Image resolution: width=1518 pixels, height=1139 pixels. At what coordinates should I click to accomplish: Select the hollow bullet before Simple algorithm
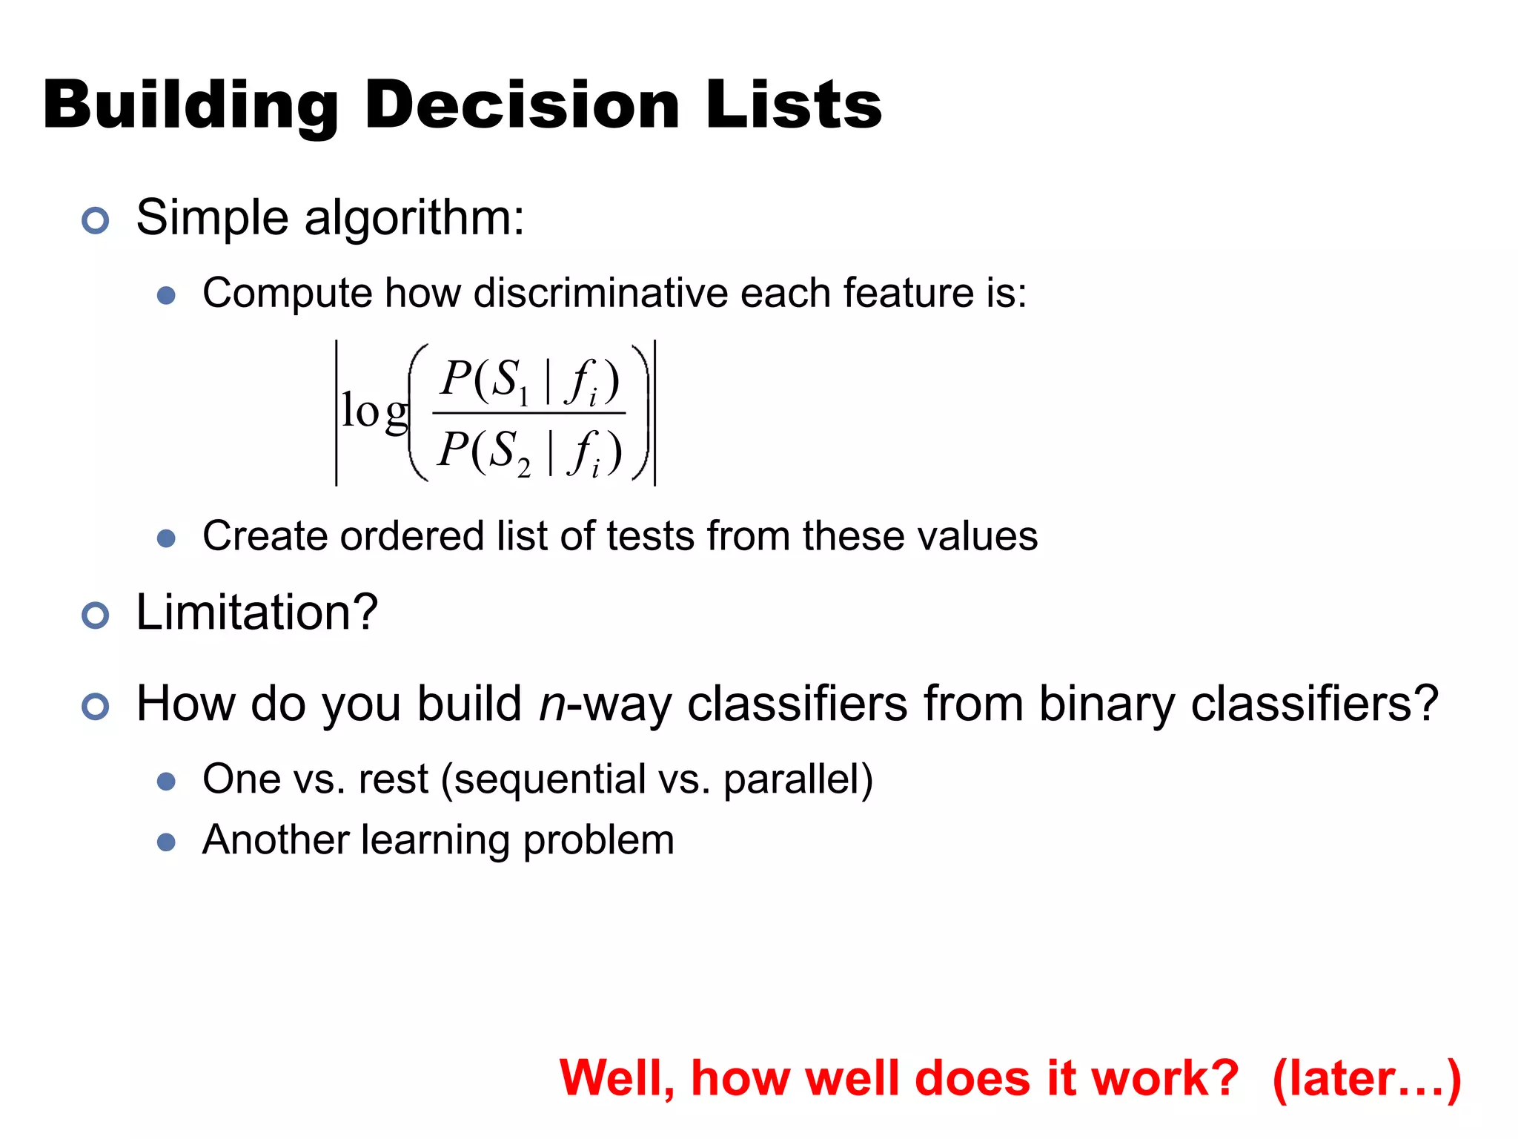tap(96, 220)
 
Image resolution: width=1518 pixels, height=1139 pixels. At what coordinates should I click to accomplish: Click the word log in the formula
tap(374, 412)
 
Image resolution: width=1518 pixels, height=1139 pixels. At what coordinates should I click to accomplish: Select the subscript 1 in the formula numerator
tap(523, 398)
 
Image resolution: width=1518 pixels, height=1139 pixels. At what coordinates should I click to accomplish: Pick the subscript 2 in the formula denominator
tap(523, 469)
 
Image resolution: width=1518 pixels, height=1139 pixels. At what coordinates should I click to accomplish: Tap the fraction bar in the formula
tap(529, 413)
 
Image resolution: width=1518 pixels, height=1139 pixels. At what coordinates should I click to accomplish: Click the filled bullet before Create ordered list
tap(167, 538)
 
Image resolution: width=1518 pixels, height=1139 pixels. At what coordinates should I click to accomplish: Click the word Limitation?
tap(257, 613)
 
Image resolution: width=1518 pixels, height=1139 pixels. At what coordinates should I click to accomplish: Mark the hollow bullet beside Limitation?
tap(96, 615)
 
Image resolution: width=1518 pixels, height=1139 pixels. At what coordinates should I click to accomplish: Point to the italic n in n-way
tap(552, 704)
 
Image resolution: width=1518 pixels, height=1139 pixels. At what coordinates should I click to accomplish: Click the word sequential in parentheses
tap(549, 780)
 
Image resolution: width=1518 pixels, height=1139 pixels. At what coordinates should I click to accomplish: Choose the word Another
tap(275, 840)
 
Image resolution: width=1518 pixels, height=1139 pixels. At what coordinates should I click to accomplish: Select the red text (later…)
tap(1366, 1079)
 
